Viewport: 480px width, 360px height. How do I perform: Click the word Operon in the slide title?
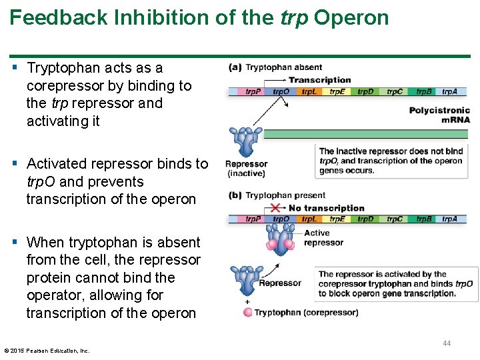point(351,18)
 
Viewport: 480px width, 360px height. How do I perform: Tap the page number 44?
point(447,343)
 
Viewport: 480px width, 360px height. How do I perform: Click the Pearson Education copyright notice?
point(47,351)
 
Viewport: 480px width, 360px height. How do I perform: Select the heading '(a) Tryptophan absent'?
point(275,67)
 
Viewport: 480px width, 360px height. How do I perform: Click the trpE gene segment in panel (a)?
point(337,91)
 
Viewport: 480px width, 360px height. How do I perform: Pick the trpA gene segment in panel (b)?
point(449,219)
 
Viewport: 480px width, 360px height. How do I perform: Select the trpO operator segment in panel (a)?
point(281,91)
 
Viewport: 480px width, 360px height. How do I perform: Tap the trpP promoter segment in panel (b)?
point(253,219)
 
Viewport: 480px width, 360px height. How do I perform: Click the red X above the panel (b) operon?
point(275,209)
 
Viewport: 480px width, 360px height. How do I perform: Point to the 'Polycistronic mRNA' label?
point(439,115)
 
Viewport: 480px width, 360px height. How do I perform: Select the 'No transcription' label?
point(327,208)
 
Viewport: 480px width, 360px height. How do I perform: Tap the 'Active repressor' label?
point(317,237)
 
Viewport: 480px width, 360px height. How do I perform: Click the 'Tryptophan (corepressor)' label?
point(306,312)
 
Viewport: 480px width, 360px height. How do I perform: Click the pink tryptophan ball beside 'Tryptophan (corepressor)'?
point(248,312)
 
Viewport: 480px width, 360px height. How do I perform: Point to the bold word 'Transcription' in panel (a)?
point(319,80)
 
